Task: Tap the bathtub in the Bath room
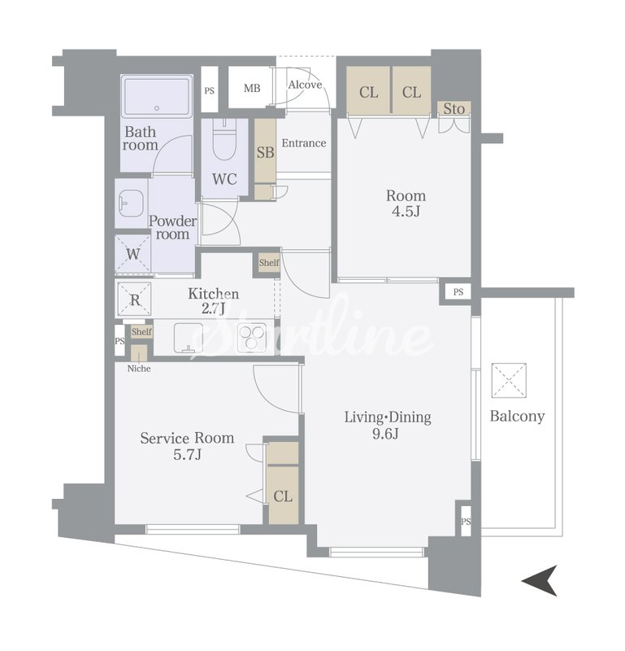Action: [x=157, y=96]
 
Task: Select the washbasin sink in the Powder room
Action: [x=131, y=203]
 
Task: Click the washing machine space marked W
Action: [x=132, y=254]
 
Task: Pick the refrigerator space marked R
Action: [x=134, y=299]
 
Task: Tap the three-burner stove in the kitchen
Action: [x=251, y=336]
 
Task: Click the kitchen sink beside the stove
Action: [x=189, y=338]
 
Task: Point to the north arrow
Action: [x=540, y=580]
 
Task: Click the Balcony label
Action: [x=517, y=416]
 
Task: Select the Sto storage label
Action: [x=454, y=109]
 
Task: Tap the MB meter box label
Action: [x=252, y=88]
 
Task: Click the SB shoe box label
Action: [x=265, y=152]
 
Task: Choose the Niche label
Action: [x=139, y=369]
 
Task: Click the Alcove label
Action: [x=305, y=85]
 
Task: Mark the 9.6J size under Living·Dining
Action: [x=385, y=434]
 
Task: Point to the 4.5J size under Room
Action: [x=406, y=212]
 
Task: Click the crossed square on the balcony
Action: [x=509, y=380]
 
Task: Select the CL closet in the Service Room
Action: [x=283, y=496]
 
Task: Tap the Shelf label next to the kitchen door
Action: [x=269, y=263]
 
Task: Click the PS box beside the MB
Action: [x=210, y=90]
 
